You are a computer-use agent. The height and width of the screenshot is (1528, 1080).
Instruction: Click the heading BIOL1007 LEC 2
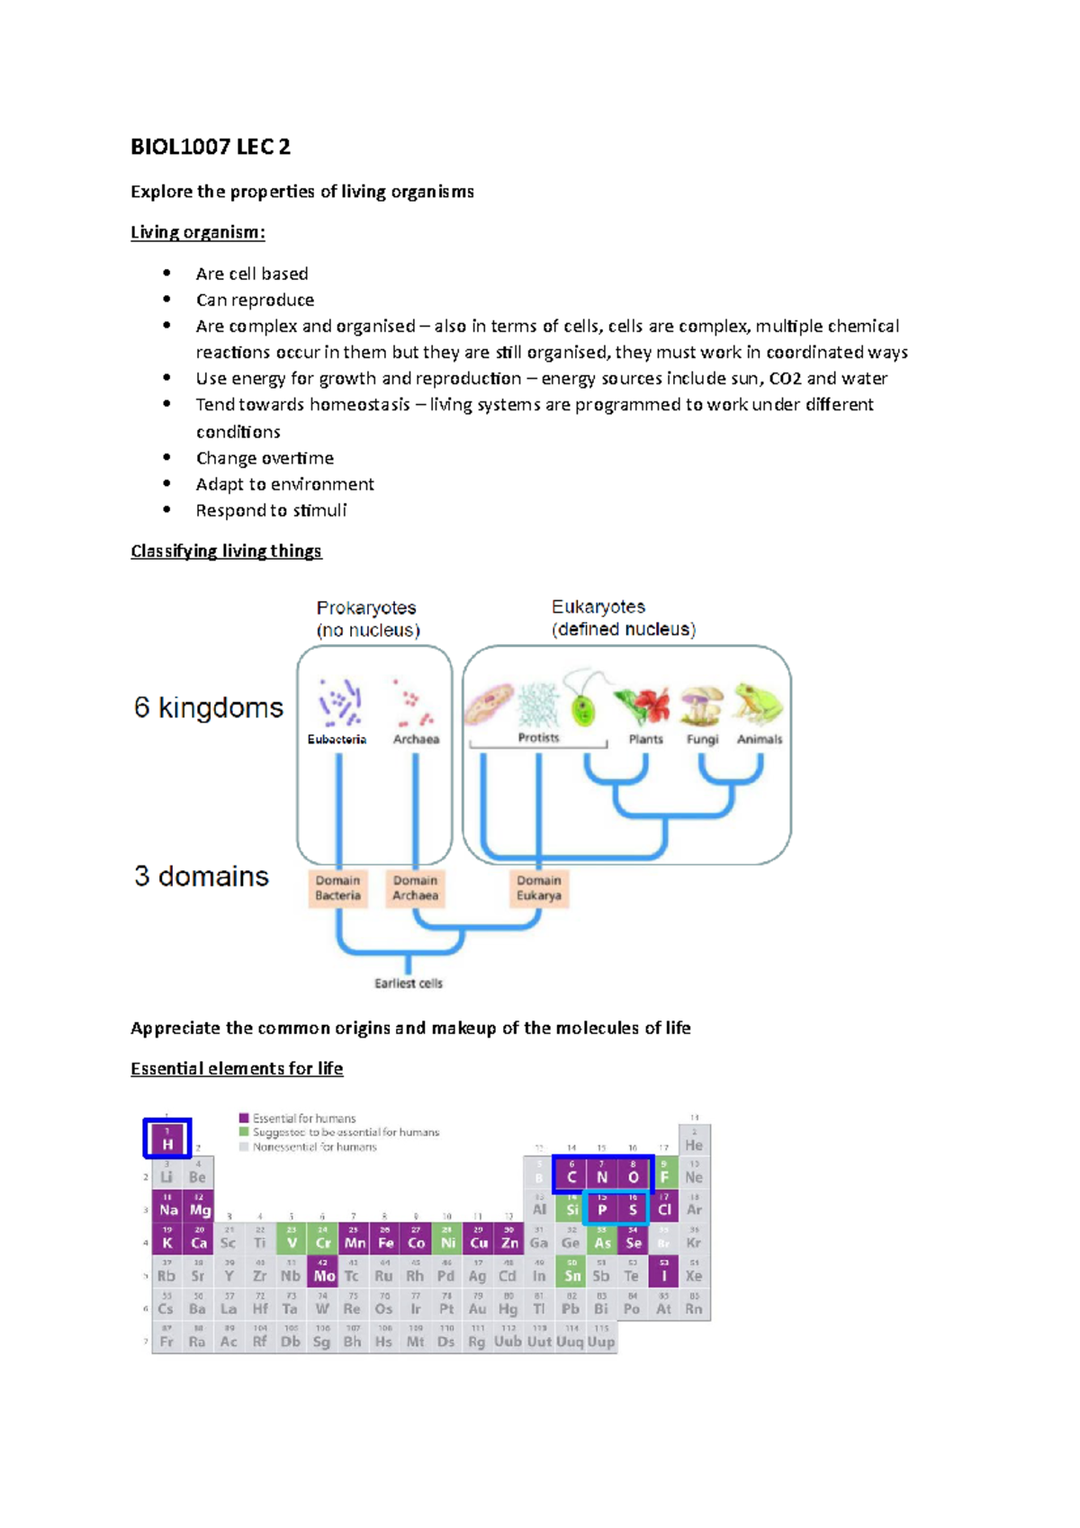(x=211, y=147)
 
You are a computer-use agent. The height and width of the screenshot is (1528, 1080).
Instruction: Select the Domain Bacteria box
(x=338, y=888)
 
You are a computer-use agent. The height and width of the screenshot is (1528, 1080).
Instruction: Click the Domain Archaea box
(x=415, y=888)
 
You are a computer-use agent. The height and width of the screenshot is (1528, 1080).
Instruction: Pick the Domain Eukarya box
(x=539, y=888)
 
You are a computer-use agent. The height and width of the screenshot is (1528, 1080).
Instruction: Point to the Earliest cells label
(x=409, y=984)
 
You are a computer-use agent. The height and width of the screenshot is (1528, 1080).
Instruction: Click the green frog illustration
(x=758, y=703)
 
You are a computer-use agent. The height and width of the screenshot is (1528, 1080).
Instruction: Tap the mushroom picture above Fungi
(x=702, y=705)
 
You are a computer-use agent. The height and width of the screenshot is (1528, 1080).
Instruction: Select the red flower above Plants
(x=644, y=704)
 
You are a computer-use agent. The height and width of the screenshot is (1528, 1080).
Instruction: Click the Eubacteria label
(x=337, y=740)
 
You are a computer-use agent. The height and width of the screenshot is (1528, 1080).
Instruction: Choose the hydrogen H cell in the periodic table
(x=167, y=1140)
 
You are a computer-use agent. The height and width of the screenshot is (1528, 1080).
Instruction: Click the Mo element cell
(x=323, y=1272)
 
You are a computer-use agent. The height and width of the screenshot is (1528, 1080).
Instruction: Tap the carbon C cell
(x=571, y=1174)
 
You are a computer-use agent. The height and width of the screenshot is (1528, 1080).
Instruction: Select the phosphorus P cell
(x=602, y=1208)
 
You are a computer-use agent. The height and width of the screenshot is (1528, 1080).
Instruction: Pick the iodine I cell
(x=664, y=1272)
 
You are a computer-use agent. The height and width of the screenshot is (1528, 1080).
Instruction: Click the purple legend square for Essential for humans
(x=244, y=1119)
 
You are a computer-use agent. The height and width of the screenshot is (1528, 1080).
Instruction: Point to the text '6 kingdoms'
(x=209, y=708)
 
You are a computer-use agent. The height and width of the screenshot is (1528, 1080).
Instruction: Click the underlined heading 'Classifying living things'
(x=226, y=551)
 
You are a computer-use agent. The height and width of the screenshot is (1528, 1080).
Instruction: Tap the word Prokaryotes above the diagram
(x=366, y=607)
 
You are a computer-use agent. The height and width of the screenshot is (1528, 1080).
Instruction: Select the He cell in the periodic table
(x=694, y=1143)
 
